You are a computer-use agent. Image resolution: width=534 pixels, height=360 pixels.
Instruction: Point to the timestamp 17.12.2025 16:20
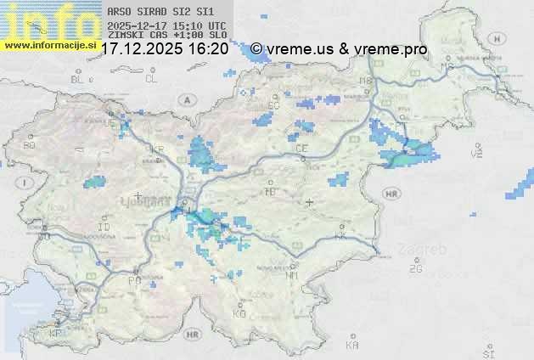pos(165,50)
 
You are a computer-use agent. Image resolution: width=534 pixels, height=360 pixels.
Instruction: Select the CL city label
pos(152,79)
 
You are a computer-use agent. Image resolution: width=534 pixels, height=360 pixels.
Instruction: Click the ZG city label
pos(415,269)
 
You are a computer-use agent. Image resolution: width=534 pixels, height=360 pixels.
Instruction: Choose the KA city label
pos(353,346)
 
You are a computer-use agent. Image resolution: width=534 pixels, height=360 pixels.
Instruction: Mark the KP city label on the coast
pos(56,334)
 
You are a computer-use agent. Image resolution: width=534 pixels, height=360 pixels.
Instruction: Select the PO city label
pos(133,280)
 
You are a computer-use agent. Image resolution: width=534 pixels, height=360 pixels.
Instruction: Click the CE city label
pos(301,149)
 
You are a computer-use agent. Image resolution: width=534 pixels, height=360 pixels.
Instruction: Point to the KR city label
pos(157,149)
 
